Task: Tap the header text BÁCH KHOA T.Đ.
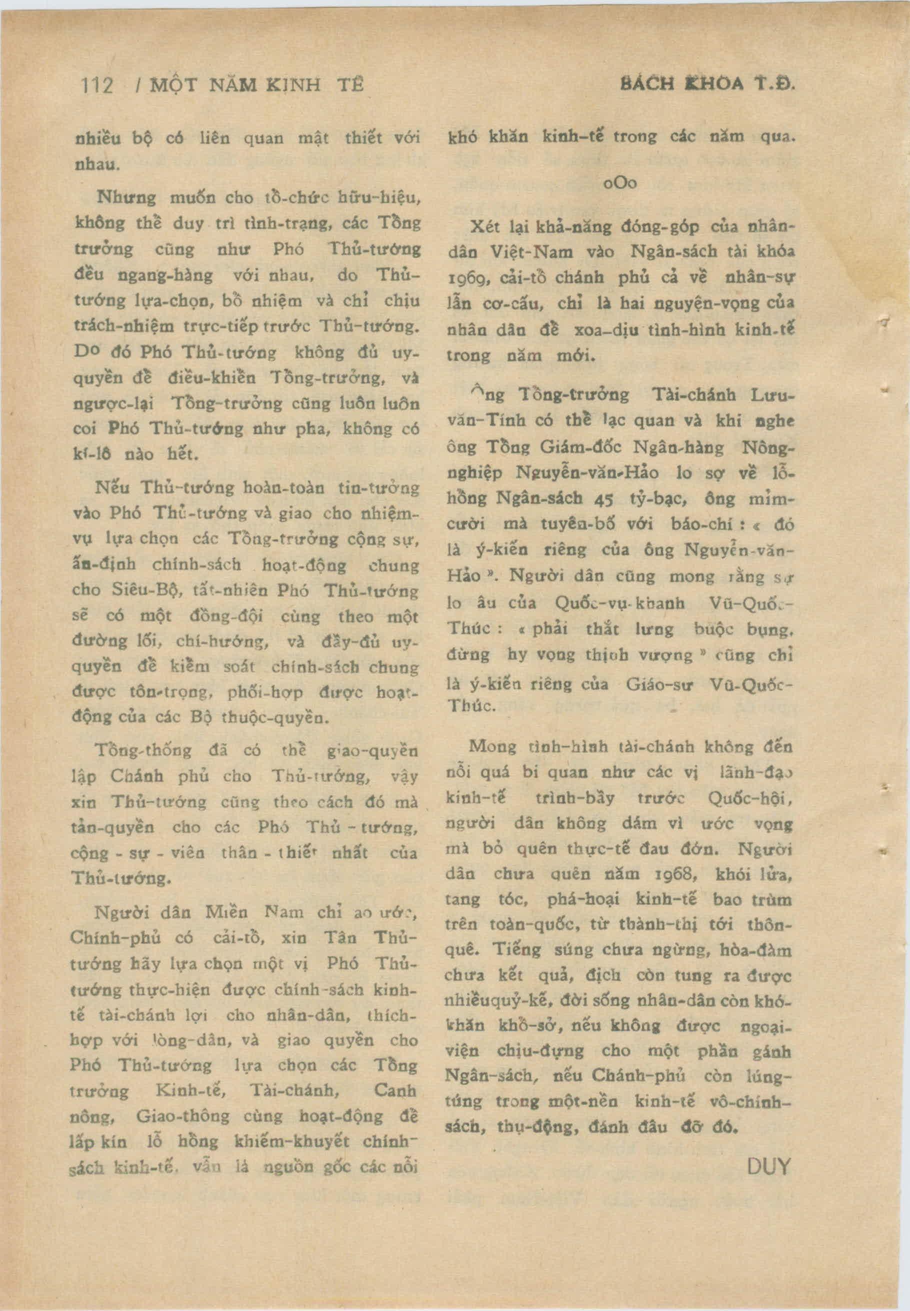tap(706, 84)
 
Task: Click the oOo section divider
tap(620, 183)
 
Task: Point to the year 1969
tap(466, 280)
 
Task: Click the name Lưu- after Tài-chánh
tap(772, 395)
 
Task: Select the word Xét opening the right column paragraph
tap(484, 227)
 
